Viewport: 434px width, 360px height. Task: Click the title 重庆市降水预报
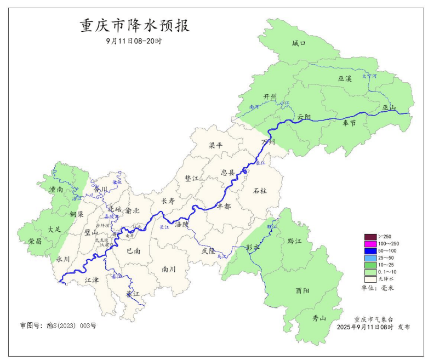[x=135, y=26]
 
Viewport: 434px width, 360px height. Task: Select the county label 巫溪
[x=345, y=79]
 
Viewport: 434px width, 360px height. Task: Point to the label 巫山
[x=390, y=107]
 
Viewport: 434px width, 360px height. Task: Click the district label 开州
[x=270, y=97]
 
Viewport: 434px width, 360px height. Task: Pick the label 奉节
[x=349, y=123]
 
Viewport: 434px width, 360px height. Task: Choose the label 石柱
[x=260, y=191]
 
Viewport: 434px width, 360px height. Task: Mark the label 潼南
[x=56, y=189]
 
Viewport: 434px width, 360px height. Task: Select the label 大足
[x=54, y=229]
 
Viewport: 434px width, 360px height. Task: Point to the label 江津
[x=92, y=280]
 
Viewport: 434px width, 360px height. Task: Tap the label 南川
[x=169, y=269]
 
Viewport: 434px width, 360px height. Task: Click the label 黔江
[x=294, y=241]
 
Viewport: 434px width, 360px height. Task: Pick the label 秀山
[x=319, y=318]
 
